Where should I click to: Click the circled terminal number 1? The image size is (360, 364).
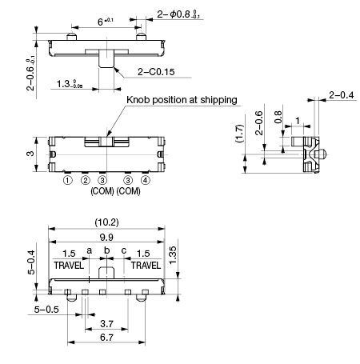point(68,181)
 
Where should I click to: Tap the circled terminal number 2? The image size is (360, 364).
point(85,181)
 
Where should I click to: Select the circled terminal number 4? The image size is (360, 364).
point(145,181)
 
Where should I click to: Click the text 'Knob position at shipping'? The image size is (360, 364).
point(182,100)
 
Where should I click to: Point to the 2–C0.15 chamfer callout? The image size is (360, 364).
point(156,72)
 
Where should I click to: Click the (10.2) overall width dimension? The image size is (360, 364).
point(106,222)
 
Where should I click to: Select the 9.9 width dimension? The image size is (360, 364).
point(106,237)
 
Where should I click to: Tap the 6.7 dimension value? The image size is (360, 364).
point(106,338)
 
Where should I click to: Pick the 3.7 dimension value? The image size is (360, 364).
point(106,324)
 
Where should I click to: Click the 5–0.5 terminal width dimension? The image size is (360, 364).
point(46,310)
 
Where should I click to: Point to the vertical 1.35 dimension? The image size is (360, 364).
point(173,255)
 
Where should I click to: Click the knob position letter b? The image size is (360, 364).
point(106,250)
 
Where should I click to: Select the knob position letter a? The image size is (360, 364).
point(90,250)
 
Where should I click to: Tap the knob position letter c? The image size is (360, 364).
point(124,250)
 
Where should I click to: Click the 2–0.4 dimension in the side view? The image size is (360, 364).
point(342,95)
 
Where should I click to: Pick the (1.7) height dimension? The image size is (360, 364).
point(240,134)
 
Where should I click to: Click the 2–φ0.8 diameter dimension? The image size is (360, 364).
point(178,14)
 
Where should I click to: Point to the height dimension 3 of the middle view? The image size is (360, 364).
point(31,154)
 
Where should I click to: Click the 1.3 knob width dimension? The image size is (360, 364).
point(70,84)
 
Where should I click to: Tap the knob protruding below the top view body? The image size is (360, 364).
point(106,58)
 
